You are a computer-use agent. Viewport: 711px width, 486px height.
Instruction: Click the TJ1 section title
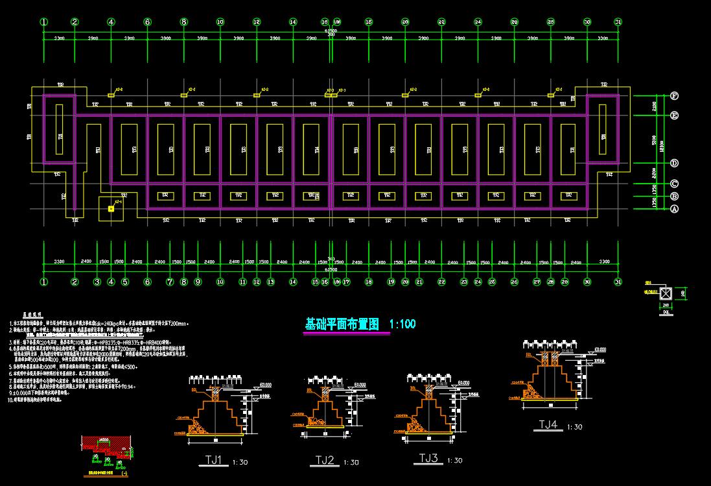tap(214, 461)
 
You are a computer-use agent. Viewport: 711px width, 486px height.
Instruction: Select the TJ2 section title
tap(325, 460)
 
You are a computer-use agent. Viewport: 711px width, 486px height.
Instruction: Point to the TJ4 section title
tap(548, 425)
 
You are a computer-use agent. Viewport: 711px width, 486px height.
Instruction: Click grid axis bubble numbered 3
tap(97, 282)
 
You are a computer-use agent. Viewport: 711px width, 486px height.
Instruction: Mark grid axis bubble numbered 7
tap(170, 282)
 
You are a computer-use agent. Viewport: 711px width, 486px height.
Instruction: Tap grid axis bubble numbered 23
tap(464, 282)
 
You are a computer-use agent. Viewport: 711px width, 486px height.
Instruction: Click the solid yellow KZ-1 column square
tap(111, 209)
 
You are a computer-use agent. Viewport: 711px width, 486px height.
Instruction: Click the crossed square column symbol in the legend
tap(664, 293)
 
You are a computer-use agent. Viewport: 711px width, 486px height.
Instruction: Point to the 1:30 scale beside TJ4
tap(574, 427)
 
